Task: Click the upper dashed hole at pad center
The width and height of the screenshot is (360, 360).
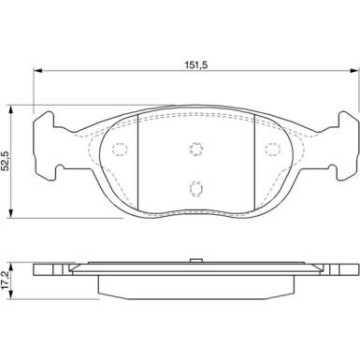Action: point(195,147)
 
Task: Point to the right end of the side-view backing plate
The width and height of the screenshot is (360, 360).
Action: point(351,272)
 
